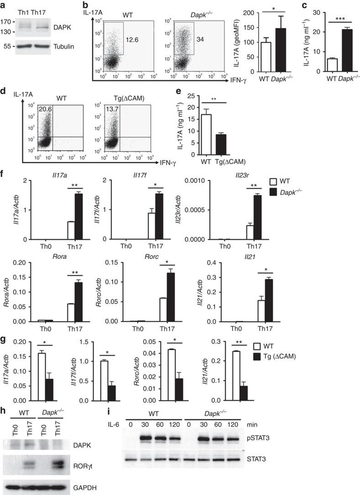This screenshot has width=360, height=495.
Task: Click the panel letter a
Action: [x=4, y=5]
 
